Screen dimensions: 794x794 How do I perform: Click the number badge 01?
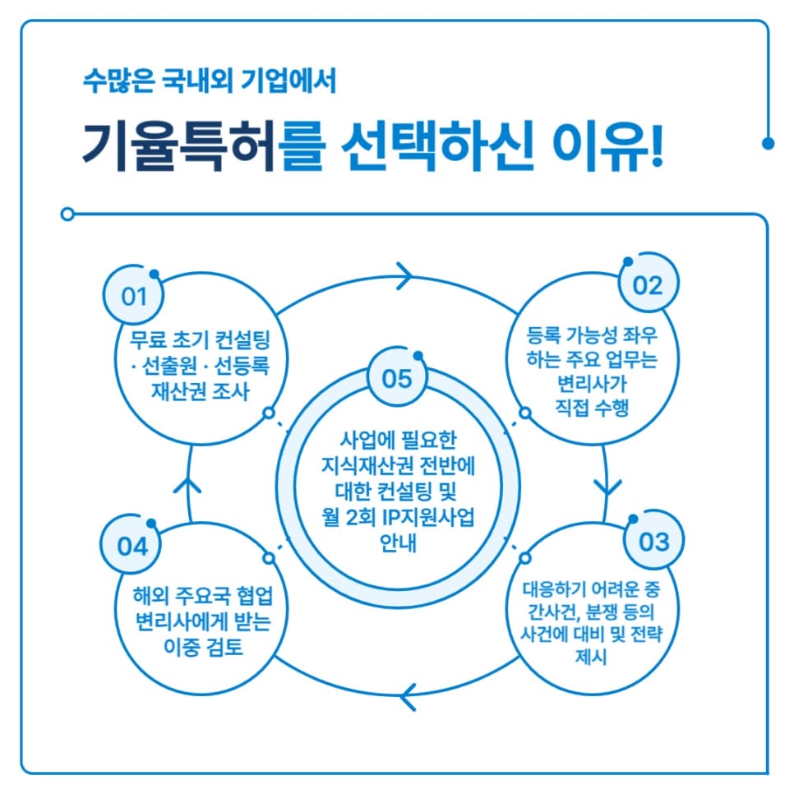pyautogui.click(x=132, y=296)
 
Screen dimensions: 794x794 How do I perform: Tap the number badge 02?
pyautogui.click(x=646, y=285)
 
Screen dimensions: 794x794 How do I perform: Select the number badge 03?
pyautogui.click(x=653, y=542)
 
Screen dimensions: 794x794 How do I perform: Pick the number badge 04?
pyautogui.click(x=132, y=547)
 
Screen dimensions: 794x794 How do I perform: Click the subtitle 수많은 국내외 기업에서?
pyautogui.click(x=210, y=82)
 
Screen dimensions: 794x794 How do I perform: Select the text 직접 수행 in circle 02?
pyautogui.click(x=592, y=407)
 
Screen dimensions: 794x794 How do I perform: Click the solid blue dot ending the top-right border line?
pyautogui.click(x=769, y=143)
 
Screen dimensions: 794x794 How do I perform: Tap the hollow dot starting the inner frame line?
pyautogui.click(x=67, y=215)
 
